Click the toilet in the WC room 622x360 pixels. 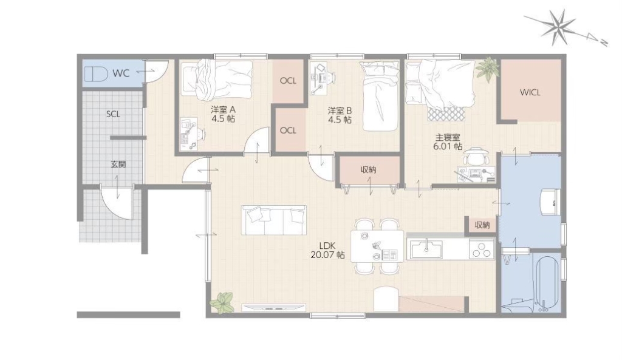coord(96,73)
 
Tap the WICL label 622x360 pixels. coord(530,93)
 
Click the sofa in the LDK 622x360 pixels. coord(274,220)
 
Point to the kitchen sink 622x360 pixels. coord(426,250)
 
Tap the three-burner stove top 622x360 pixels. coord(481,250)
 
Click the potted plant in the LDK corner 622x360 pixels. coord(222,302)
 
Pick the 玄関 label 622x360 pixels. coord(118,164)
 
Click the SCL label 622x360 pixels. coord(113,114)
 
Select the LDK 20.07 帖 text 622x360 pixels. coord(327,250)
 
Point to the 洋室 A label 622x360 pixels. coord(224,110)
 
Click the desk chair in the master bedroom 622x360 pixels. coord(475,156)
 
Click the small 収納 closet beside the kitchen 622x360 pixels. coord(482,225)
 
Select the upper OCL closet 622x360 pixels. coord(288,81)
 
